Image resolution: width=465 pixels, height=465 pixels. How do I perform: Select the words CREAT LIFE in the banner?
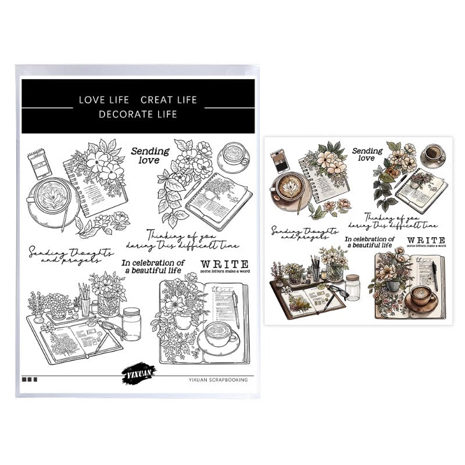point(169,100)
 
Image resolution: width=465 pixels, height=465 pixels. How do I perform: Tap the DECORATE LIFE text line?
point(138,115)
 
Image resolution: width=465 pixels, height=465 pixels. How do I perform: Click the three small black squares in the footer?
point(29,380)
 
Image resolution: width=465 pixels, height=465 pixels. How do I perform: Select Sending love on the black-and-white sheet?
point(149,155)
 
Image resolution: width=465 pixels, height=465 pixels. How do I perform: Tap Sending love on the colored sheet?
point(367,155)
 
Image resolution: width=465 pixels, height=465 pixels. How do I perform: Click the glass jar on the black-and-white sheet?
point(131,324)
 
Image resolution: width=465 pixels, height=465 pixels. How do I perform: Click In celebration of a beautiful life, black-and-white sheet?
point(153,266)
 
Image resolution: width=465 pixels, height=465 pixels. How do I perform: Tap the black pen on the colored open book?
point(434,276)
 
